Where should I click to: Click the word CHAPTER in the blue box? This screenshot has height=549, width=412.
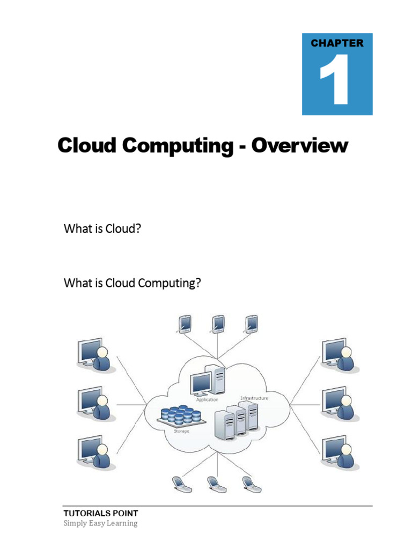pos(337,43)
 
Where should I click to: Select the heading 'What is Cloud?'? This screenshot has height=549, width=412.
pos(102,228)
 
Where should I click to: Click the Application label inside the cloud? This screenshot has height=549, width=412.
pos(207,399)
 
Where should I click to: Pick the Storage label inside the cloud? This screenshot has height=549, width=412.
pos(181,431)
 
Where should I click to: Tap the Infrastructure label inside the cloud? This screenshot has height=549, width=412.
pos(254,398)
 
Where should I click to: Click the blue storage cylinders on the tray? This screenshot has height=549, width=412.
pos(181,414)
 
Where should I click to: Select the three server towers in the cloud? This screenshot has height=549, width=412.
pos(237,421)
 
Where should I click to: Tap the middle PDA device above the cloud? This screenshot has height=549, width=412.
pos(217,323)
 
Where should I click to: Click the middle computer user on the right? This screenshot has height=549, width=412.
pos(340,404)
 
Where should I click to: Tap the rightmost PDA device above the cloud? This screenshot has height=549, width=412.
pos(251,323)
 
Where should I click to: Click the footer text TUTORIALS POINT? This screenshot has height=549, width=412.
pos(101,513)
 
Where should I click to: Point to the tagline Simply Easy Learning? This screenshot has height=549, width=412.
pos(100,523)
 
